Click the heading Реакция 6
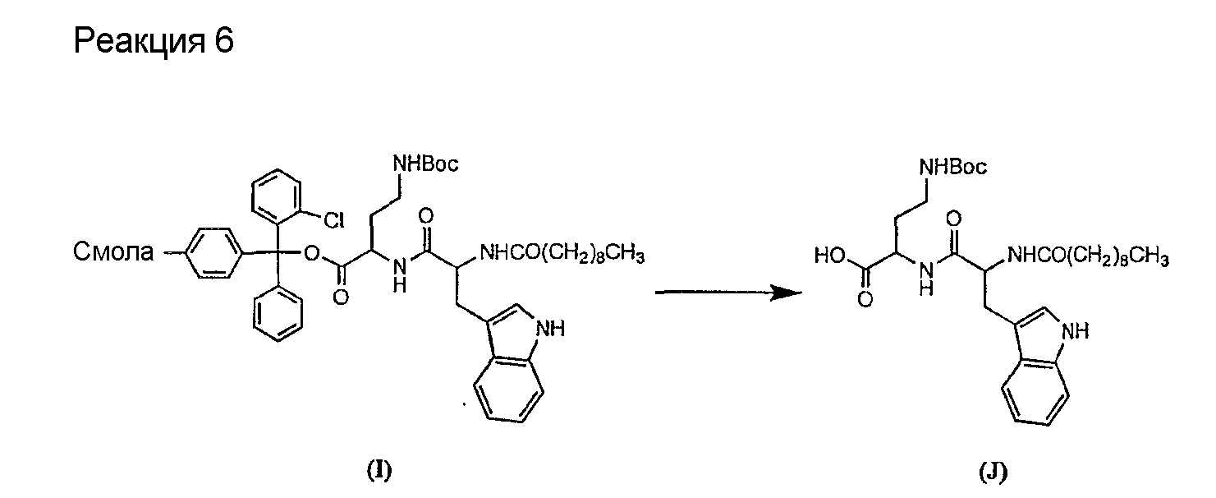pos(154,41)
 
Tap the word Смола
pos(113,252)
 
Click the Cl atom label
pos(333,220)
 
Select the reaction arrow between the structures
pos(728,293)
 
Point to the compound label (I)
pos(379,470)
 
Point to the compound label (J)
pos(993,472)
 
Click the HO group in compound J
pos(830,256)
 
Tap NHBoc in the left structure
pos(425,164)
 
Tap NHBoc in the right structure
pos(952,166)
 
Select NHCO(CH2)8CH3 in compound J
pos(1088,256)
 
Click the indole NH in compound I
pos(550,328)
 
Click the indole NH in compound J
pos(1075,330)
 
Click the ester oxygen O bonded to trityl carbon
pos(312,252)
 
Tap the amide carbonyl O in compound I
pos(426,217)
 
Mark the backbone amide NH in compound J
pos(926,278)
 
